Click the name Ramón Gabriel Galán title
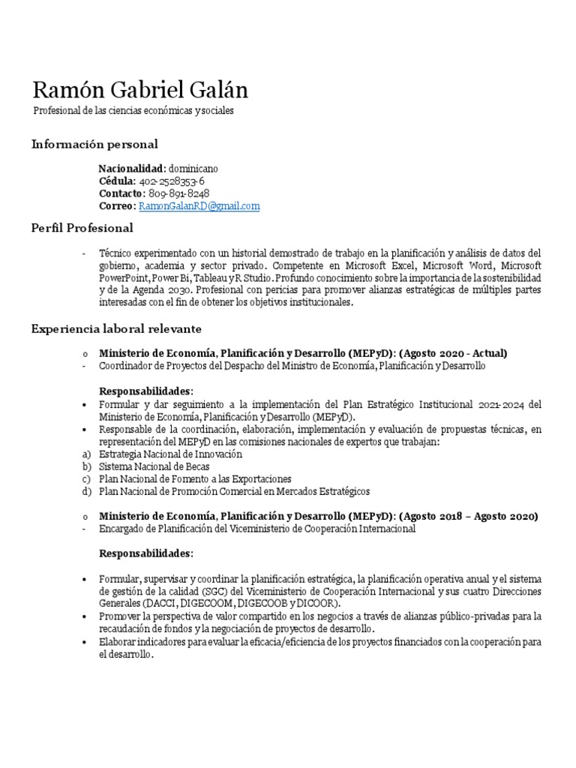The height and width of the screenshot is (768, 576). point(139,90)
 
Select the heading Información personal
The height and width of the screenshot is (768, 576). point(94,144)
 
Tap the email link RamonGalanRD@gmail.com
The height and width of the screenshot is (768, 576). point(199,206)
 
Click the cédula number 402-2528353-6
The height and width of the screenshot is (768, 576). point(172,181)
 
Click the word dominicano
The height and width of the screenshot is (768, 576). point(193,169)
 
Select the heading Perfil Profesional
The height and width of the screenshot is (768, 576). point(82,228)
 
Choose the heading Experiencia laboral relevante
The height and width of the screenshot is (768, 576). point(116,328)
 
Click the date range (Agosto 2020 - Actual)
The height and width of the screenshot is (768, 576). point(453,353)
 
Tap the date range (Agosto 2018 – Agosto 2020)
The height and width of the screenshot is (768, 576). point(469,517)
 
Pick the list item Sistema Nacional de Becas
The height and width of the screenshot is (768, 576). point(154,466)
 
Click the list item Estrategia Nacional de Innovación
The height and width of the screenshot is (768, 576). point(171,454)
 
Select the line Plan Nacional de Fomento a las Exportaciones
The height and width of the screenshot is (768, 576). point(196,478)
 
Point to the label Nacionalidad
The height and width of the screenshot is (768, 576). point(132,169)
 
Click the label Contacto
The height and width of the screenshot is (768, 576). point(120,193)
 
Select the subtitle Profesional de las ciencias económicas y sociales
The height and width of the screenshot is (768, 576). point(133,111)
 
